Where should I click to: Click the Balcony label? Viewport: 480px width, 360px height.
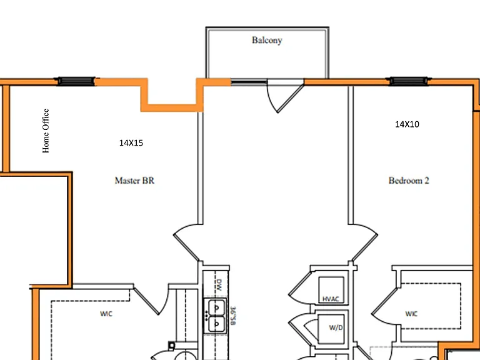pyautogui.click(x=267, y=41)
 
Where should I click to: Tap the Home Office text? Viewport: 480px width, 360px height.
pyautogui.click(x=46, y=131)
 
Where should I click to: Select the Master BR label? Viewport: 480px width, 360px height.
pyautogui.click(x=134, y=181)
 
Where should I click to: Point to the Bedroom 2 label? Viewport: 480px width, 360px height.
pyautogui.click(x=409, y=181)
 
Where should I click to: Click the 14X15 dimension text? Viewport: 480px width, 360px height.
pyautogui.click(x=131, y=143)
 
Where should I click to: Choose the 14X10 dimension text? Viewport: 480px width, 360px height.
pyautogui.click(x=407, y=124)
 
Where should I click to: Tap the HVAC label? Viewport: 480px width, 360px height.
pyautogui.click(x=331, y=299)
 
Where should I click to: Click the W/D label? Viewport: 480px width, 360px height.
pyautogui.click(x=336, y=327)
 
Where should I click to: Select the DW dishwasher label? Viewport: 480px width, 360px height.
pyautogui.click(x=219, y=285)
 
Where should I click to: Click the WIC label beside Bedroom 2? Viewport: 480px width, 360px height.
pyautogui.click(x=411, y=314)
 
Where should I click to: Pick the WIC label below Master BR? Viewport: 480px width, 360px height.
pyautogui.click(x=106, y=314)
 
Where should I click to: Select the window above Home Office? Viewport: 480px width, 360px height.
pyautogui.click(x=76, y=81)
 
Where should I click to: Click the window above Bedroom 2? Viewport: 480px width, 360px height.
pyautogui.click(x=408, y=81)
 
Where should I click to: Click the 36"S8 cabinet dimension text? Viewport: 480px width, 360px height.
pyautogui.click(x=232, y=316)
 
